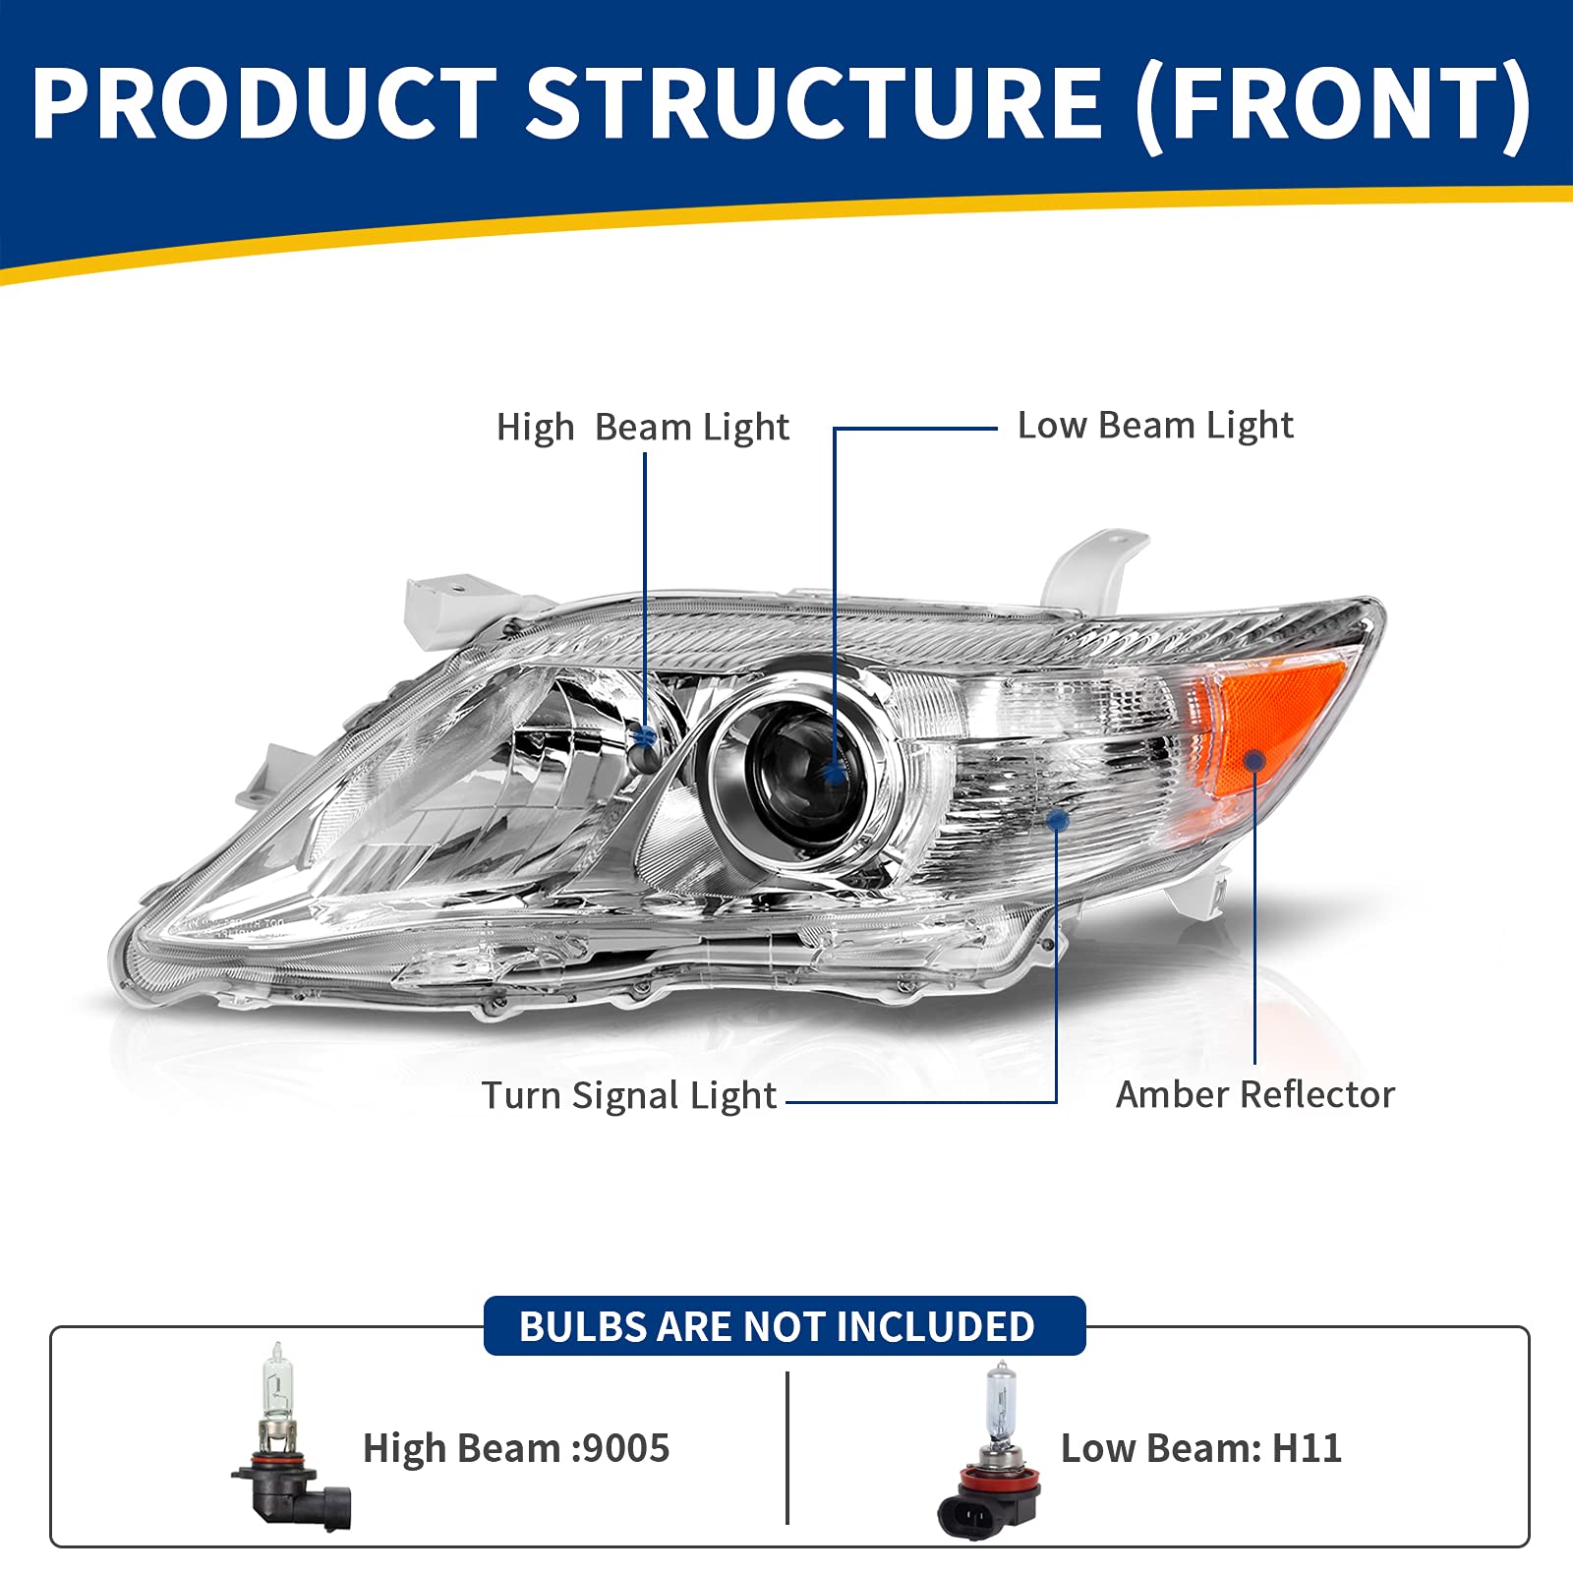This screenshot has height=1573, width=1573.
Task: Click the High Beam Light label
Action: click(x=642, y=428)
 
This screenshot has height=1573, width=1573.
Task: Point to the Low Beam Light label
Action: click(x=1155, y=426)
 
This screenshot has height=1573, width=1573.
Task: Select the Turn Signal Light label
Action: click(x=628, y=1095)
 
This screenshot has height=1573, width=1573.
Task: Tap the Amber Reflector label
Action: click(x=1254, y=1094)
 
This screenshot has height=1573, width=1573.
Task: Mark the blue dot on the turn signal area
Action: click(x=1057, y=819)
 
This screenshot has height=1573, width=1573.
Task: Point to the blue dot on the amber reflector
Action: click(x=1254, y=760)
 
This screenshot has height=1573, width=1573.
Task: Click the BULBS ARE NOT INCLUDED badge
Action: click(x=784, y=1326)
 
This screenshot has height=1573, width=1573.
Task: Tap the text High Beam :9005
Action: click(x=516, y=1448)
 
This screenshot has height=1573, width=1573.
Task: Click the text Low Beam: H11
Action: click(x=1200, y=1448)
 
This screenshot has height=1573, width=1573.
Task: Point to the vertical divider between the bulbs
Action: click(x=787, y=1447)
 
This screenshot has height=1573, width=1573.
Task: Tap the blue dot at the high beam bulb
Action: click(x=645, y=735)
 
